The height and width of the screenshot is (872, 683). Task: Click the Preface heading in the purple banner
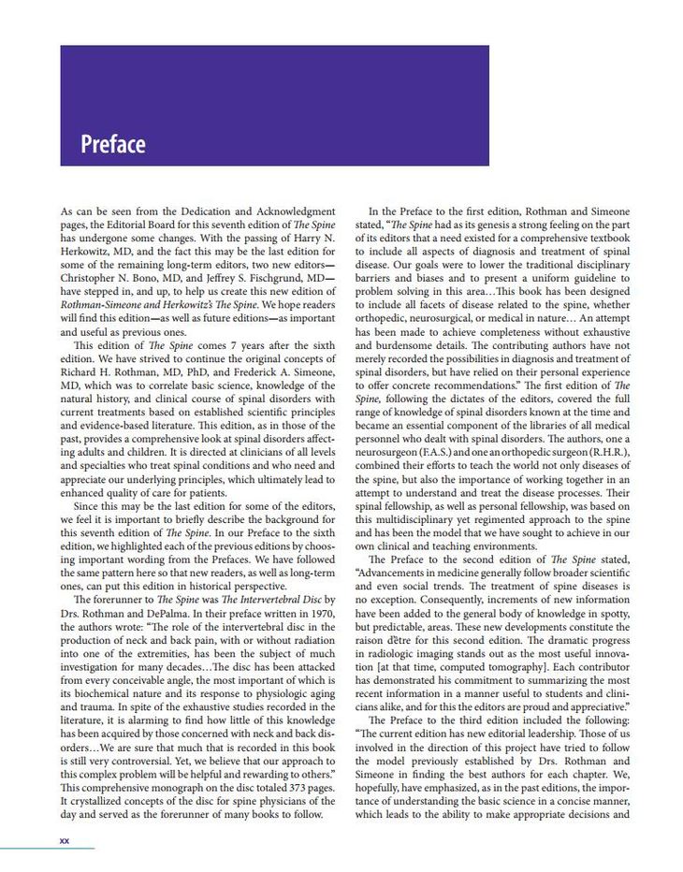click(x=112, y=145)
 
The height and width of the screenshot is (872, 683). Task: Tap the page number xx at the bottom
click(x=65, y=840)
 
